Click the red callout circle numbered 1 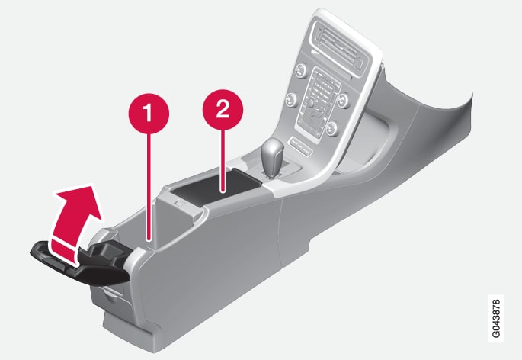point(149,114)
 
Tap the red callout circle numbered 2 point(223,110)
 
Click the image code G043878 point(496,318)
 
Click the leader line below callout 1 point(149,187)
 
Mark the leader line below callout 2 point(223,161)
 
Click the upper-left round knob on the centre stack point(300,69)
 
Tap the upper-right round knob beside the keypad point(343,98)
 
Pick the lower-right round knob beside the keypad point(332,128)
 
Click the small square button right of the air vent point(360,63)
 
